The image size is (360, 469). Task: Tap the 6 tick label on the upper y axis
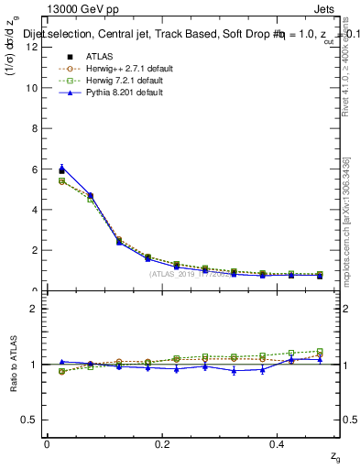pos(33,169)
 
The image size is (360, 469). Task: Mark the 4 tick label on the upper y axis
pos(33,210)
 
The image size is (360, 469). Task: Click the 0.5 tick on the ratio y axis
pos(29,420)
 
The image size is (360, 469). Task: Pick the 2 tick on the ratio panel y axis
pos(33,309)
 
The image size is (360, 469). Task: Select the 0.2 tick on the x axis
pos(162,444)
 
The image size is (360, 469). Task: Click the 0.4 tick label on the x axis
pos(278,444)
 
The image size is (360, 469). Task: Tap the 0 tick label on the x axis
pos(47,444)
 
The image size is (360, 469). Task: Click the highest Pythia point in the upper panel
pos(61,168)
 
